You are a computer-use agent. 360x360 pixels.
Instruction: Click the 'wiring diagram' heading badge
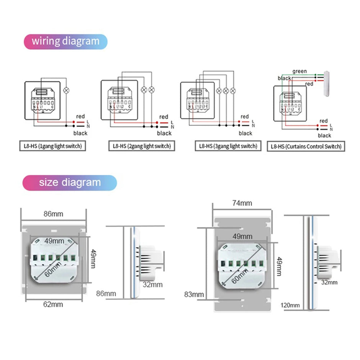click(x=65, y=41)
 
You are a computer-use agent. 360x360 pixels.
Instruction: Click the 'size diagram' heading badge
click(x=70, y=182)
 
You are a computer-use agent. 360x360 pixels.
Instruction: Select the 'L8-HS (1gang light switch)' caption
click(x=52, y=146)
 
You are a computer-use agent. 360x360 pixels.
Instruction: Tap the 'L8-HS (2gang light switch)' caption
click(x=142, y=146)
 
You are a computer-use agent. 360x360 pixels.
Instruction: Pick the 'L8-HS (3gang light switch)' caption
click(x=228, y=146)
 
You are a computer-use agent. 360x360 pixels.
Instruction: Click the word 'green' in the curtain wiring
click(x=299, y=71)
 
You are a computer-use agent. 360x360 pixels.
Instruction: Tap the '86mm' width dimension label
click(x=53, y=214)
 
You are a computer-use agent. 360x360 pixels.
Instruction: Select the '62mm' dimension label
click(x=53, y=304)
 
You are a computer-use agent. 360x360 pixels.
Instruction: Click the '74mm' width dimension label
click(x=242, y=203)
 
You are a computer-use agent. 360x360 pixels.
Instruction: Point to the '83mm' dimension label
click(x=194, y=295)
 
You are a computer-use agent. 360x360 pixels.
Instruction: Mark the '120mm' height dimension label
click(x=290, y=305)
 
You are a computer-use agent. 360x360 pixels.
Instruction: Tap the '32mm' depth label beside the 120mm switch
click(x=329, y=282)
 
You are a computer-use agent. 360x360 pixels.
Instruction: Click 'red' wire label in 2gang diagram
click(x=164, y=117)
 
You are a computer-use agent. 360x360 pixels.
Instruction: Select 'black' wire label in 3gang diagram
click(x=245, y=133)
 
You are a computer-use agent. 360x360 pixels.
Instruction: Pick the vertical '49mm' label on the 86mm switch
click(x=93, y=259)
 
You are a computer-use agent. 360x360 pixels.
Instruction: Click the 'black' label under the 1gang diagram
click(x=80, y=133)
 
